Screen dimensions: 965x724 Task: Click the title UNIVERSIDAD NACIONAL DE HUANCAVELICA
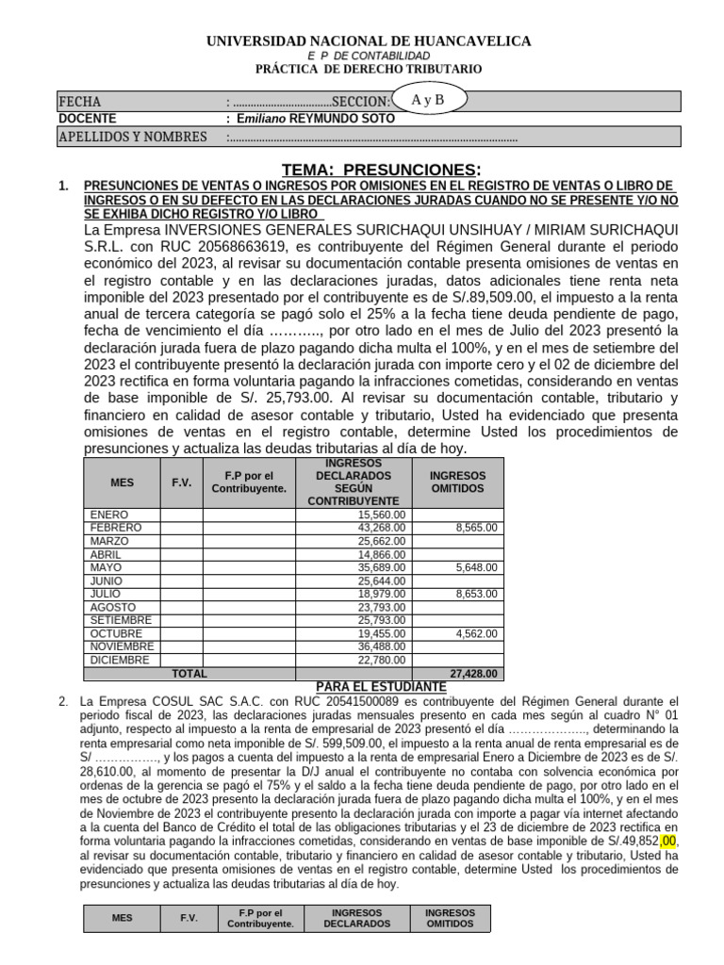pos(369,41)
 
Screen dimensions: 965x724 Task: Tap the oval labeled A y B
pos(427,99)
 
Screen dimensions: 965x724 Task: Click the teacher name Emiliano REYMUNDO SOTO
pos(316,119)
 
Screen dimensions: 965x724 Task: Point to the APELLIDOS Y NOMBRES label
pos(133,138)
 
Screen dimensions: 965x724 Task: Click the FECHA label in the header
pos(80,101)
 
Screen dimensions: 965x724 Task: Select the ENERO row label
pos(109,515)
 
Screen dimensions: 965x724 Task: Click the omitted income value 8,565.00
pos(476,529)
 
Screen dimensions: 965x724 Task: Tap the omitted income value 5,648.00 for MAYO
pos(476,568)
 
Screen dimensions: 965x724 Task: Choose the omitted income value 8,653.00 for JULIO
pos(476,595)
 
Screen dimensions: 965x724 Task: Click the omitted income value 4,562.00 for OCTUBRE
pos(476,634)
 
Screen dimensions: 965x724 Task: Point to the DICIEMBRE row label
pos(120,661)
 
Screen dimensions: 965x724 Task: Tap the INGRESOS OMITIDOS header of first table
pos(457,482)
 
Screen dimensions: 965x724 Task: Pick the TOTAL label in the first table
pos(189,674)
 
